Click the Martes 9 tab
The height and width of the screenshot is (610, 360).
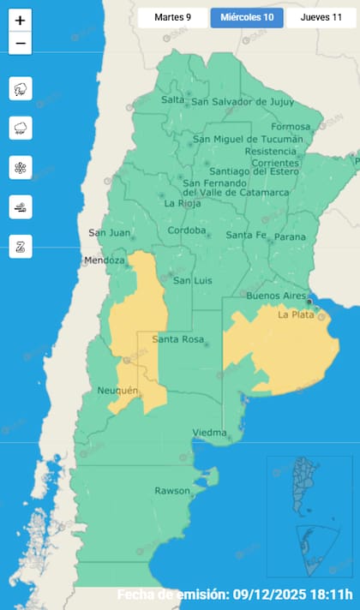[173, 17]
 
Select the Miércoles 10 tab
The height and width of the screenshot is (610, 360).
[247, 17]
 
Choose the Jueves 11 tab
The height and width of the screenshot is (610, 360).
[321, 17]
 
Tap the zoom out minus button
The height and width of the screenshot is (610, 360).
[21, 43]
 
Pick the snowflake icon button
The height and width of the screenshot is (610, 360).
[21, 167]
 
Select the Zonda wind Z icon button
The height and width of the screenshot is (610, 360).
[21, 246]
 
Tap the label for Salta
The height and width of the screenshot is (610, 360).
[173, 99]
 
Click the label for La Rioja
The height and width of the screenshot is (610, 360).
[181, 204]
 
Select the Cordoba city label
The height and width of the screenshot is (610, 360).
[188, 230]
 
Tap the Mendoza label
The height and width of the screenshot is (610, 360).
[105, 260]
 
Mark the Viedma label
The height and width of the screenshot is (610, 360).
[209, 432]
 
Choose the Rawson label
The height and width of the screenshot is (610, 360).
[172, 491]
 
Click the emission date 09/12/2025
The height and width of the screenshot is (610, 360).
[272, 595]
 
